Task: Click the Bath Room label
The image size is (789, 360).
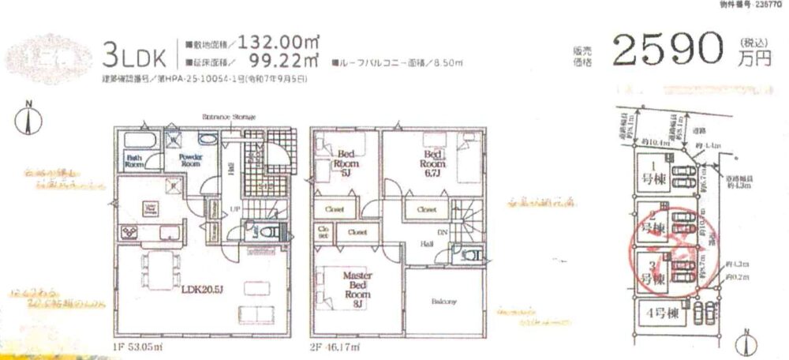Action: [x=133, y=161]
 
